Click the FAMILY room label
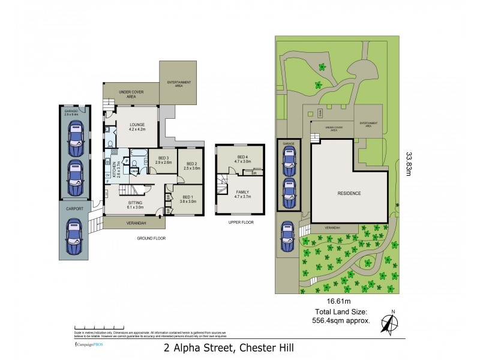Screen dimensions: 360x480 pyautogui.click(x=241, y=194)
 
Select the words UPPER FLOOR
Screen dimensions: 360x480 pyautogui.click(x=241, y=222)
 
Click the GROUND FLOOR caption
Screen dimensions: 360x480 pyautogui.click(x=151, y=238)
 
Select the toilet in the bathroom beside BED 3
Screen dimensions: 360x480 pyautogui.click(x=136, y=162)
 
